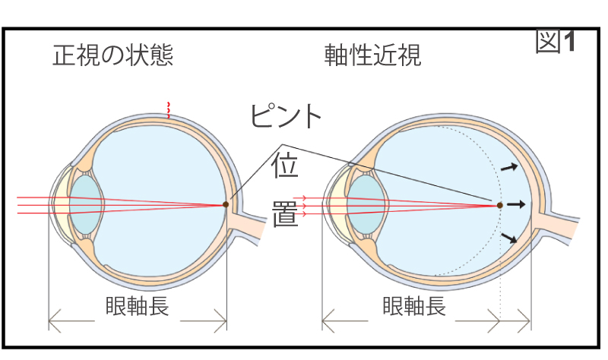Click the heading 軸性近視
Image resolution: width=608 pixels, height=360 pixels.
coord(372,55)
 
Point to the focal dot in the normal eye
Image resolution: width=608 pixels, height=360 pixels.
coord(226,204)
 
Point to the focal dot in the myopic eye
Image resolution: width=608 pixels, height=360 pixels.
coord(500,205)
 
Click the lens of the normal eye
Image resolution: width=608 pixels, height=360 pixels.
coord(85,204)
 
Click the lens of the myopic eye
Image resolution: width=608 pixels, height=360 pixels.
coord(362,204)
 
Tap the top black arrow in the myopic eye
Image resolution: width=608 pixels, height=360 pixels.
coord(511,166)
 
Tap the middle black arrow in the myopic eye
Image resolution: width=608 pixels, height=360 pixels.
coord(517,204)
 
